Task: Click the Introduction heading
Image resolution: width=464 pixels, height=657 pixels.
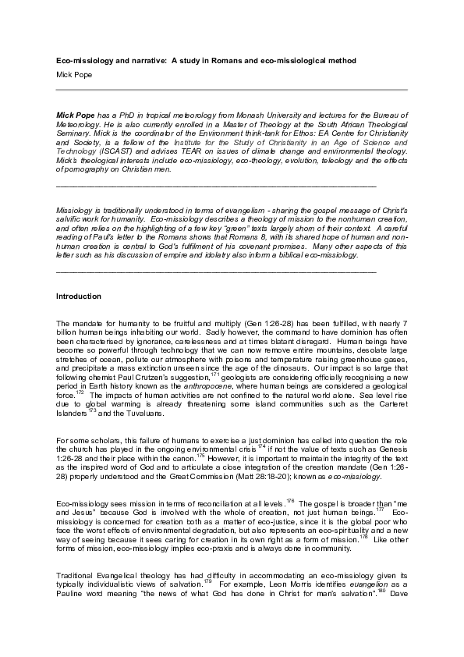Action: click(79, 297)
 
